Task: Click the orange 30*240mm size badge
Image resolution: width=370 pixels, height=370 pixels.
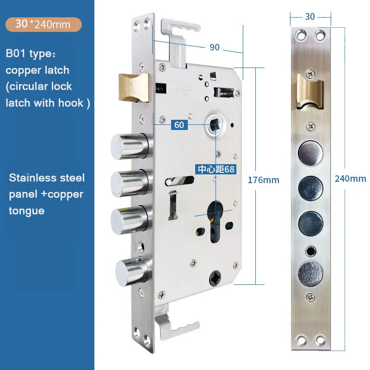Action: pyautogui.click(x=43, y=25)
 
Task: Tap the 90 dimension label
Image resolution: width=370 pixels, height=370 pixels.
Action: pyautogui.click(x=215, y=47)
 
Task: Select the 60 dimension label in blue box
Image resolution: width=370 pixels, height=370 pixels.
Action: pyautogui.click(x=179, y=125)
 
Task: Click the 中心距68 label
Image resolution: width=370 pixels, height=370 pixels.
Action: pyautogui.click(x=216, y=169)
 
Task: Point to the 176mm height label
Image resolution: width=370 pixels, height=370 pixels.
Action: pyautogui.click(x=263, y=180)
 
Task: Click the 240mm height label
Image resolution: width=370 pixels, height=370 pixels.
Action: pyautogui.click(x=351, y=179)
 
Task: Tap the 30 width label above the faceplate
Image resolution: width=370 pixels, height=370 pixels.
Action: pyautogui.click(x=310, y=17)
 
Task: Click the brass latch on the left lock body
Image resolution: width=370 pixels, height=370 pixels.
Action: pyautogui.click(x=134, y=88)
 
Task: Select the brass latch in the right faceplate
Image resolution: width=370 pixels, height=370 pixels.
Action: pyautogui.click(x=310, y=92)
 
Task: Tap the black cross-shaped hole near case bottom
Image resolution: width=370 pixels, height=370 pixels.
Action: pyautogui.click(x=215, y=278)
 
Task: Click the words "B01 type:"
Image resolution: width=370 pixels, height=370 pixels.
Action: pyautogui.click(x=31, y=53)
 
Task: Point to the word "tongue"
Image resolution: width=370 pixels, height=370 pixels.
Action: pyautogui.click(x=27, y=211)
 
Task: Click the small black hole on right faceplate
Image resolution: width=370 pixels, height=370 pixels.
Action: pyautogui.click(x=310, y=251)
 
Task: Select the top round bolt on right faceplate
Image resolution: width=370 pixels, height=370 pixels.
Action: pyautogui.click(x=310, y=153)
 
